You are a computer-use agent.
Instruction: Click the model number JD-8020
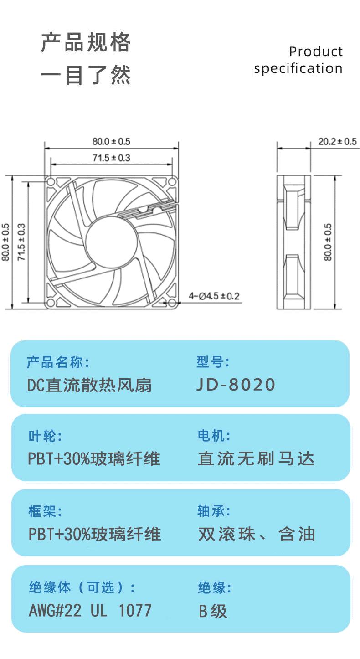tap(236, 385)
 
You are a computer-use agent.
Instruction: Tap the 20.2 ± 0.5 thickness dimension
tap(337, 142)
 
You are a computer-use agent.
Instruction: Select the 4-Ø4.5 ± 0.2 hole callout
tap(214, 296)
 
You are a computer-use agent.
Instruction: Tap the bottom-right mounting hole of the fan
tap(172, 303)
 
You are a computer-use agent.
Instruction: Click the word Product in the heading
tap(316, 51)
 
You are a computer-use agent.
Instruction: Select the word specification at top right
tap(298, 68)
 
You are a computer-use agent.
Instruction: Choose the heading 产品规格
tap(86, 43)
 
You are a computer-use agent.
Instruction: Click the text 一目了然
tap(86, 75)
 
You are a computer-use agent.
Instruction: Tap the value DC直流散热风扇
tap(89, 386)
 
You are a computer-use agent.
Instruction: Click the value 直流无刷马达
tap(256, 458)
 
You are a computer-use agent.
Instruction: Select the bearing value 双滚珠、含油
tap(257, 534)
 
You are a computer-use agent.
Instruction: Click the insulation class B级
tap(213, 611)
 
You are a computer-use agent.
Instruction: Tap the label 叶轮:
tap(45, 436)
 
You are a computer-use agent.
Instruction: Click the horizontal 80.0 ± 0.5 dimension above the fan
tap(111, 142)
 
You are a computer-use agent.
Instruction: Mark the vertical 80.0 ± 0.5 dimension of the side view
tap(328, 242)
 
